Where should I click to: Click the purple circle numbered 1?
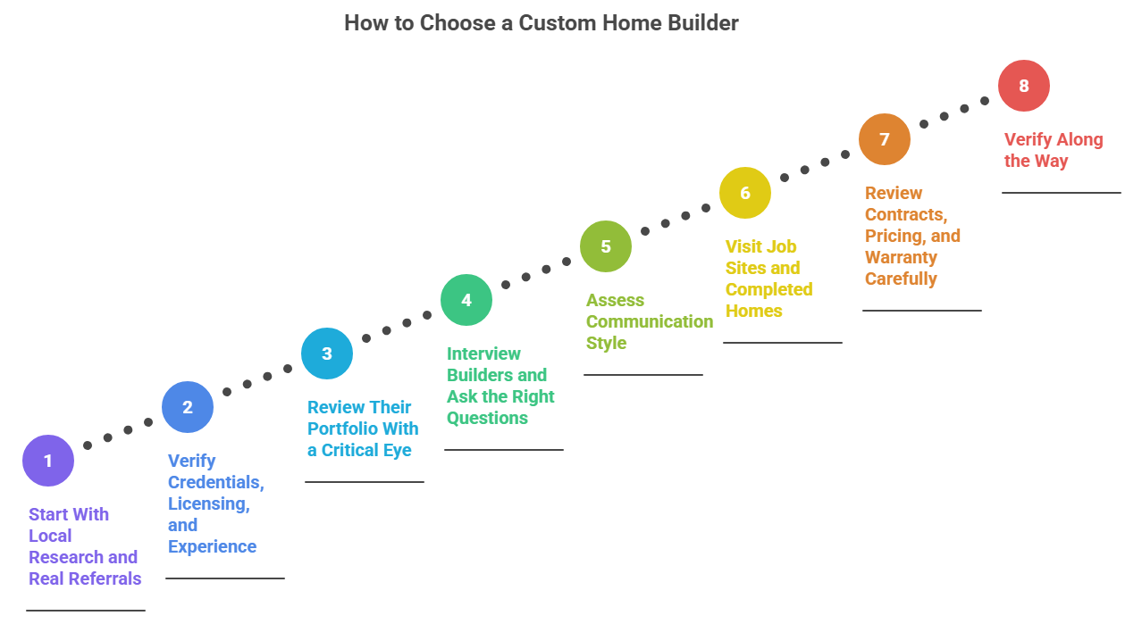tap(48, 461)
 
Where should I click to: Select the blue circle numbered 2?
tap(188, 407)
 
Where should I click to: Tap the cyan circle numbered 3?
tap(327, 354)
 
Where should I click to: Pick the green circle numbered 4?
tap(466, 300)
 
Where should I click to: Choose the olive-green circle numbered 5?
tap(606, 246)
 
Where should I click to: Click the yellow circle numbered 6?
tap(745, 193)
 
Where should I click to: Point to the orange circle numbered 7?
tap(885, 139)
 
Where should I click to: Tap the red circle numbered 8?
tap(1024, 86)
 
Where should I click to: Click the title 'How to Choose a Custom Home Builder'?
tap(542, 23)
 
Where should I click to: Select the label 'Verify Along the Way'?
tap(1053, 150)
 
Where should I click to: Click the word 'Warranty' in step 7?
tap(901, 257)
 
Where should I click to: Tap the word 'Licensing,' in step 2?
tap(209, 503)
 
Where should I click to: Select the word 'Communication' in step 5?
tap(650, 321)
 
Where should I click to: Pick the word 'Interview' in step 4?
tap(483, 354)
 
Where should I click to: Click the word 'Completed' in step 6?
tap(768, 289)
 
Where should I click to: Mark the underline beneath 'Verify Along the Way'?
tap(1061, 192)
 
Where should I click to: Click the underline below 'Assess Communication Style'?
tap(643, 375)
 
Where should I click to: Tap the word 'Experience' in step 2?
tap(212, 546)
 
